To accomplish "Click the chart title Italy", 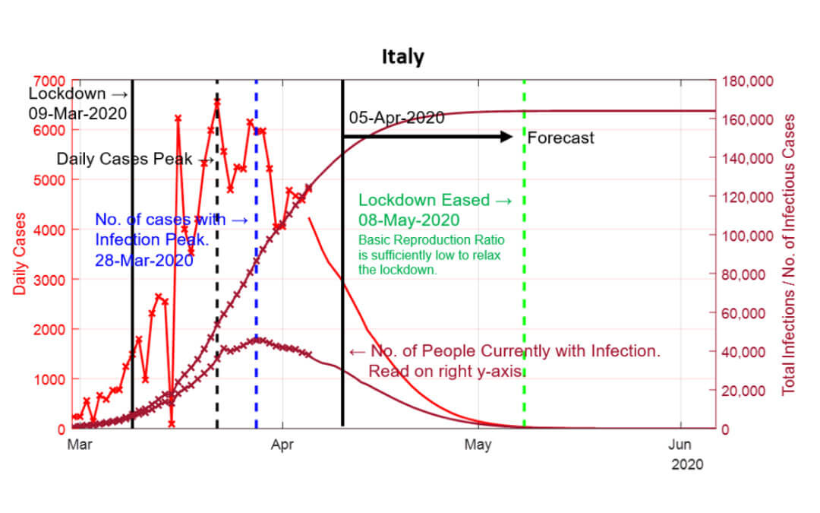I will [402, 58].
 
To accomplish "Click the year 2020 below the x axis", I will [687, 464].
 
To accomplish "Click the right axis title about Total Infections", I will [790, 254].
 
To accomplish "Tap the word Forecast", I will [560, 138].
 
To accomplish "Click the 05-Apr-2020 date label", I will [396, 119].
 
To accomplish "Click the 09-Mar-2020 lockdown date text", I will [77, 113].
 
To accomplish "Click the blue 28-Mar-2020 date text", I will [143, 259].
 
